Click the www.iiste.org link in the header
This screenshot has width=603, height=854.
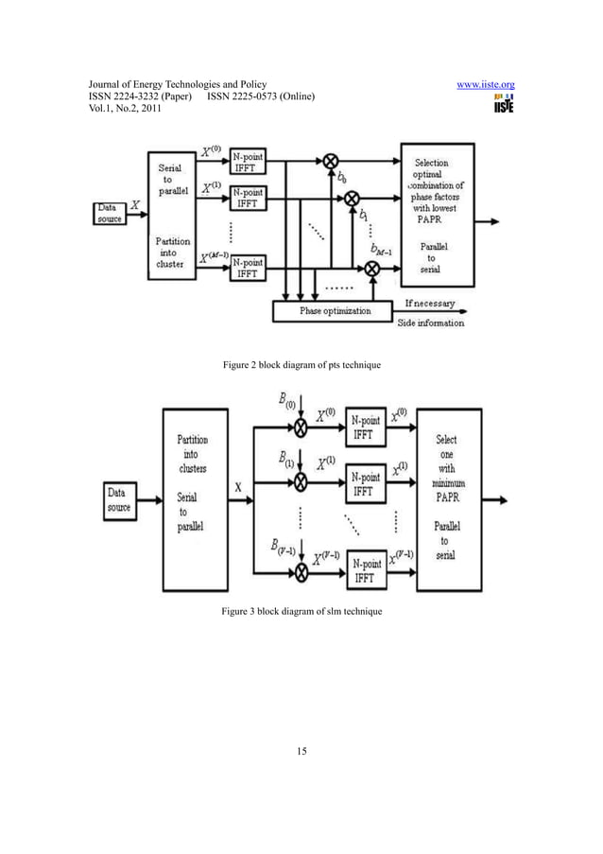coord(485,84)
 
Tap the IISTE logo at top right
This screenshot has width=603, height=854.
coord(503,104)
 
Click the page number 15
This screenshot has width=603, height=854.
coord(301,751)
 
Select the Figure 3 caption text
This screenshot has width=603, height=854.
coord(301,614)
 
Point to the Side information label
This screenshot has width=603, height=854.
coord(434,322)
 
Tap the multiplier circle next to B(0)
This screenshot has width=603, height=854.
coord(300,428)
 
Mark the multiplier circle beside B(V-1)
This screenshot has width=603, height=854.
coord(300,571)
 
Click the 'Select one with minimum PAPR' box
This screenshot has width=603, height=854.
coord(447,497)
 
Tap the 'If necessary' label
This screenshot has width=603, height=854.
coord(429,305)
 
